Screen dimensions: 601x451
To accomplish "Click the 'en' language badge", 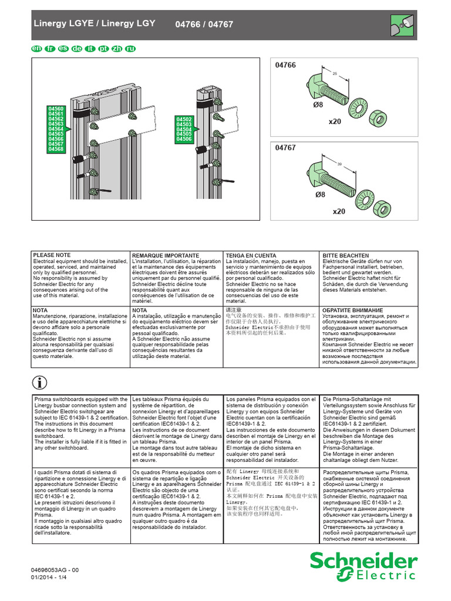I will (x=36, y=49).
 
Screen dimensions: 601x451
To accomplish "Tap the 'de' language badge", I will (x=76, y=49).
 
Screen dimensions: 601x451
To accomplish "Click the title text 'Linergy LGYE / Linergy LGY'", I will (x=93, y=23).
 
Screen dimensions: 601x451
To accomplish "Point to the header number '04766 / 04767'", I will (x=204, y=24).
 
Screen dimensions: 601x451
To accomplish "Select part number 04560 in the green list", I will (x=56, y=109).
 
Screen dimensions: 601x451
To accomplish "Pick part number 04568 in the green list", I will (x=56, y=149).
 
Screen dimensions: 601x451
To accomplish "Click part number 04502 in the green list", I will (x=184, y=120).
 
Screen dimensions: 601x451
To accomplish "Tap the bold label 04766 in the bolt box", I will (x=286, y=66).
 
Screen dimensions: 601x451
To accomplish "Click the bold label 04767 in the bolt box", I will (x=286, y=149).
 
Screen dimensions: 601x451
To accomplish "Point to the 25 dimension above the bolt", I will (x=335, y=75).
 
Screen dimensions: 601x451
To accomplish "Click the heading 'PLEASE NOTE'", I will (x=52, y=255).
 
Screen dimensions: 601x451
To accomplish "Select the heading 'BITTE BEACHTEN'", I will (x=345, y=256).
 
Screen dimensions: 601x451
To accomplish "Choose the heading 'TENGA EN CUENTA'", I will (x=251, y=256).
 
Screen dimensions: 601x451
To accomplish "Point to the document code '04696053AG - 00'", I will (x=55, y=570).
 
